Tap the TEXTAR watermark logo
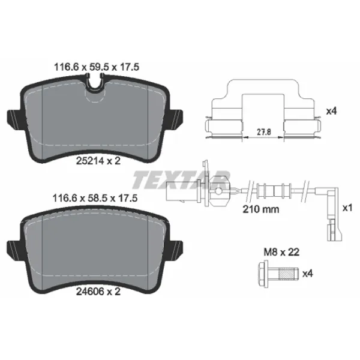(180, 178)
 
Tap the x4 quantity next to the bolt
(307, 274)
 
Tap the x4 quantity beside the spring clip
(330, 111)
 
